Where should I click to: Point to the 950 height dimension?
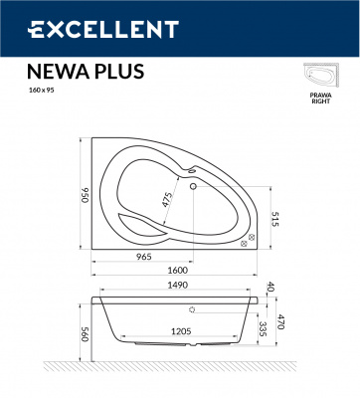coord(82,192)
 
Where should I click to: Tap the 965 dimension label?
coord(143,257)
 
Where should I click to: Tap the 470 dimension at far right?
coord(281,321)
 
